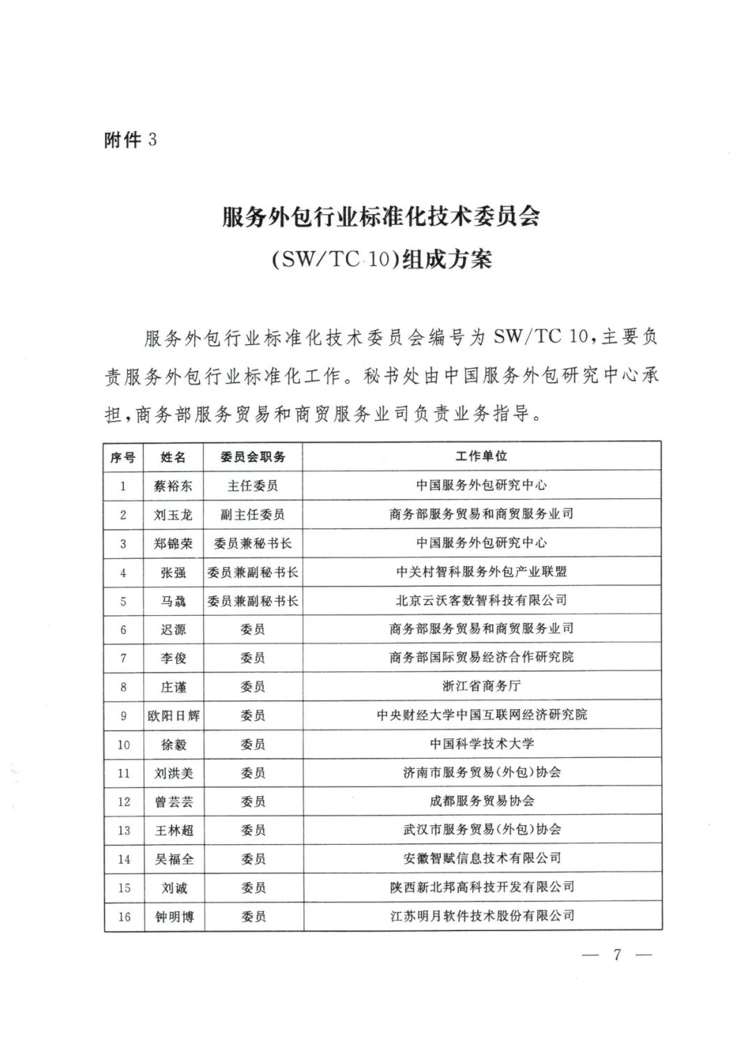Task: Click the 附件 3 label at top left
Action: [130, 140]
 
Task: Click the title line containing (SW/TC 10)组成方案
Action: [380, 259]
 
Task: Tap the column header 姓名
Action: [173, 457]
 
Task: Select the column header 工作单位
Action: [481, 456]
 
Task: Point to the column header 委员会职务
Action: [252, 457]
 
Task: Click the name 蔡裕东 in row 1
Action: [173, 486]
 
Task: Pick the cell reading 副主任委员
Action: [252, 514]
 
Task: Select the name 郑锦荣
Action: [173, 543]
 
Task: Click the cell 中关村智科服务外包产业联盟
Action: [481, 571]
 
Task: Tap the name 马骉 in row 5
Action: [173, 601]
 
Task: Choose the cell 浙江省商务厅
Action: [481, 686]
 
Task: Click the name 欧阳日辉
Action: [173, 715]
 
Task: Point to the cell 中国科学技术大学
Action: [481, 744]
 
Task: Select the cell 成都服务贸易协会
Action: [481, 801]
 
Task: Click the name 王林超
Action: [173, 830]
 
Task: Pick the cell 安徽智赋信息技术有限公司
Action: [481, 858]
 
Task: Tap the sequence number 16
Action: [124, 917]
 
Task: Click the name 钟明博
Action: [173, 917]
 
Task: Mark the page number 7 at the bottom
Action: [616, 955]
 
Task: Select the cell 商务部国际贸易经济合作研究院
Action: [481, 657]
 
